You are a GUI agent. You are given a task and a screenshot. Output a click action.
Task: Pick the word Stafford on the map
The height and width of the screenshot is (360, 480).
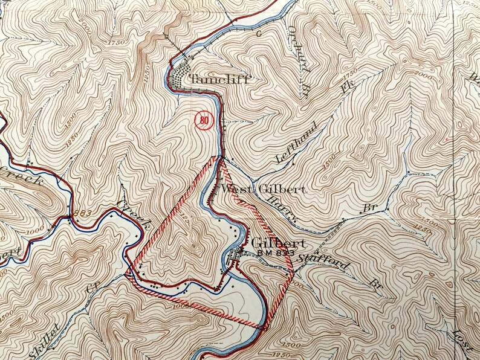pos(316,263)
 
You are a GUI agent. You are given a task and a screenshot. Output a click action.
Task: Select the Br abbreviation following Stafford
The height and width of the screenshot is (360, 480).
pos(377,283)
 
